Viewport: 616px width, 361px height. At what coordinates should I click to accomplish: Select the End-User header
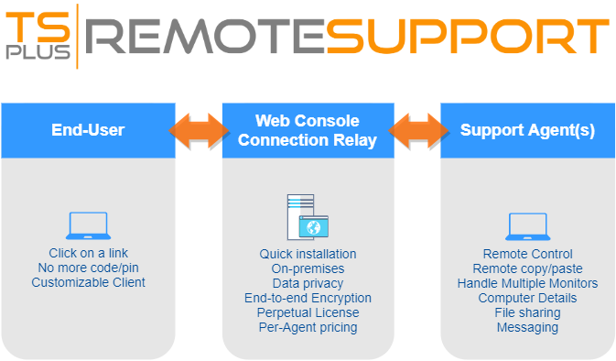point(88,130)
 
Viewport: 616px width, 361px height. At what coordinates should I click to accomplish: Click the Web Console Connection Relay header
point(308,130)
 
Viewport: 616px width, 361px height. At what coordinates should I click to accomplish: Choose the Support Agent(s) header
point(527,130)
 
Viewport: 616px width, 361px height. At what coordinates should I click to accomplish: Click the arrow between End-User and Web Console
point(199,130)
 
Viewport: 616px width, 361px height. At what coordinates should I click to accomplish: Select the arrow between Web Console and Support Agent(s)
point(418,130)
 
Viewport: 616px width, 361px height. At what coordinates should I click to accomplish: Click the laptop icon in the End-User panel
point(88,225)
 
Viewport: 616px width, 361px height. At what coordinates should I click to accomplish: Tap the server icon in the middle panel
point(307,216)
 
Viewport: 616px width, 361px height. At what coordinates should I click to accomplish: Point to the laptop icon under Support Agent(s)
point(527,225)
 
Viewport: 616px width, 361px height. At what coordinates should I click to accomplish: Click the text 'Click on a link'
point(88,253)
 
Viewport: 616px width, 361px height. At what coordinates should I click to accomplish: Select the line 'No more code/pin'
point(88,268)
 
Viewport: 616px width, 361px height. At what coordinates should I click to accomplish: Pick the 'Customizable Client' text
point(88,282)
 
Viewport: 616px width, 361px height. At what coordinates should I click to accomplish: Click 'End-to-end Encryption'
point(308,298)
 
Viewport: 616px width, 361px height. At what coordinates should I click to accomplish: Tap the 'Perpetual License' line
point(308,312)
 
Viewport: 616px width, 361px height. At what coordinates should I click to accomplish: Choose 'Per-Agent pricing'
point(308,327)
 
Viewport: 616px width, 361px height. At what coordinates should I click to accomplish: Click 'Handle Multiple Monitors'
point(527,283)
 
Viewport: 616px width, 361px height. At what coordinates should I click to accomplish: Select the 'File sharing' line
point(527,312)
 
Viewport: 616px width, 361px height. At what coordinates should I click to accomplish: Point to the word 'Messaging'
point(527,327)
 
